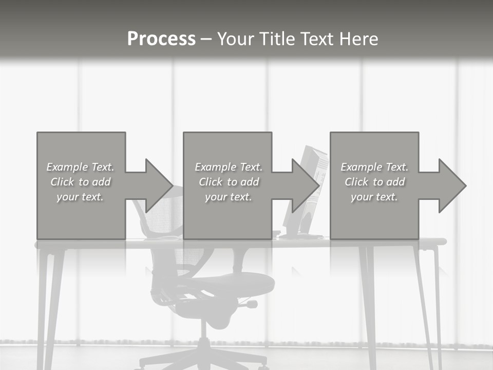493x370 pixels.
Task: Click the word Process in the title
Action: click(161, 39)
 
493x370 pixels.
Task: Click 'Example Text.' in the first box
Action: click(80, 167)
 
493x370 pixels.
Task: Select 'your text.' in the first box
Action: click(80, 197)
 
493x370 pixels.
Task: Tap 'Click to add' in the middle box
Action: click(229, 182)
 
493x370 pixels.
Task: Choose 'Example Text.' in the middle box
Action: click(229, 167)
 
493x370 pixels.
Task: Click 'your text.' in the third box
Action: click(374, 197)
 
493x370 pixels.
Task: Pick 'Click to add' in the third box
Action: click(374, 182)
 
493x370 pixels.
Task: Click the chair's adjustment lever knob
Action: click(252, 304)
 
